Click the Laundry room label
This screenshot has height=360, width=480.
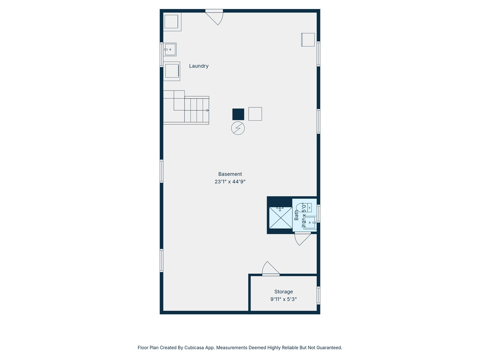pos(199,66)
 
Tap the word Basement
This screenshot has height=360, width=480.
pos(230,174)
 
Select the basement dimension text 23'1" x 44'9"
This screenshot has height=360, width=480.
pos(230,182)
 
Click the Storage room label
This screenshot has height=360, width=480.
pos(283,292)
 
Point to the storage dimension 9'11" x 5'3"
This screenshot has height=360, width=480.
pos(283,299)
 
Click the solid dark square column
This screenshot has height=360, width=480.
pos(238,114)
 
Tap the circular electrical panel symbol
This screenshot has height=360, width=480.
pos(238,128)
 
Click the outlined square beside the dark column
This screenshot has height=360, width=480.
pos(255,114)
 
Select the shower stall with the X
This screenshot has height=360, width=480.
pos(281,218)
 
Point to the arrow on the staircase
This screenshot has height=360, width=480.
pos(207,110)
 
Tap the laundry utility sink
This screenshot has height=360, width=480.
pos(170,50)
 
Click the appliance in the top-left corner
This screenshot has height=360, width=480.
pos(172,22)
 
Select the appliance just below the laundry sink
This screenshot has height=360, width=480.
pos(172,71)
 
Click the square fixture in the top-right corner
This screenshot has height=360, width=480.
pos(308,40)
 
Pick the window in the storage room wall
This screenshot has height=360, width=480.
pos(318,295)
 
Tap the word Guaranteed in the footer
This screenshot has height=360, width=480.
pos(328,348)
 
